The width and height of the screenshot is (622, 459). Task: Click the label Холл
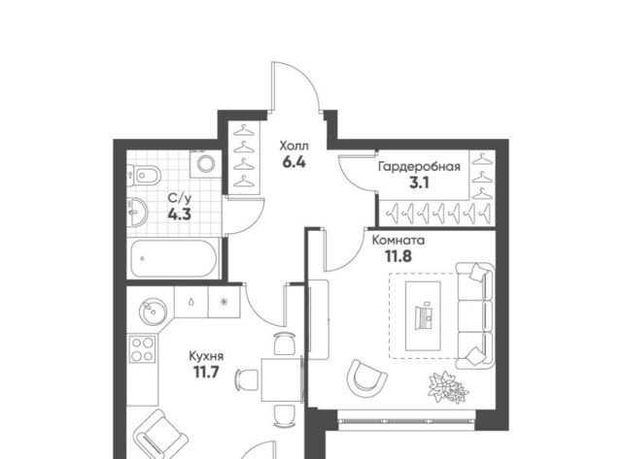click(294, 147)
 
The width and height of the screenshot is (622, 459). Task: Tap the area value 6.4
click(294, 162)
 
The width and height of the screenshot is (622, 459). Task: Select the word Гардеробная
click(419, 167)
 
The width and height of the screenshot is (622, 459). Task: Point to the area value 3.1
click(419, 183)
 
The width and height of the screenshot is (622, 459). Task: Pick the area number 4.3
click(179, 214)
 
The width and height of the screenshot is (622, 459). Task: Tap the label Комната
click(398, 241)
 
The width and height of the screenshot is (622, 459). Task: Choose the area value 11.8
click(398, 256)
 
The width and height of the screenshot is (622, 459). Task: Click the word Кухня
click(206, 356)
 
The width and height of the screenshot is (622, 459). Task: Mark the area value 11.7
click(206, 373)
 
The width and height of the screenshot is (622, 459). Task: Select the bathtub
click(174, 258)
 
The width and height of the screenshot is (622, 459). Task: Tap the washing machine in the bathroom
click(205, 164)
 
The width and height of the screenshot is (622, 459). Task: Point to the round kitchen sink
click(153, 312)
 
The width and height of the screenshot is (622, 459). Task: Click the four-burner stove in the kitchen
click(143, 349)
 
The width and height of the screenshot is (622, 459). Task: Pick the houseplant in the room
click(448, 387)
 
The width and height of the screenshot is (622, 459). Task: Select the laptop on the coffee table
click(423, 315)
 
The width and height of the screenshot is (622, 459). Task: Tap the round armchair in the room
click(366, 378)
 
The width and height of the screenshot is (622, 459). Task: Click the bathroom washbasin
click(137, 212)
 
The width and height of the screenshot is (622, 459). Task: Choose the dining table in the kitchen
click(282, 379)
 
